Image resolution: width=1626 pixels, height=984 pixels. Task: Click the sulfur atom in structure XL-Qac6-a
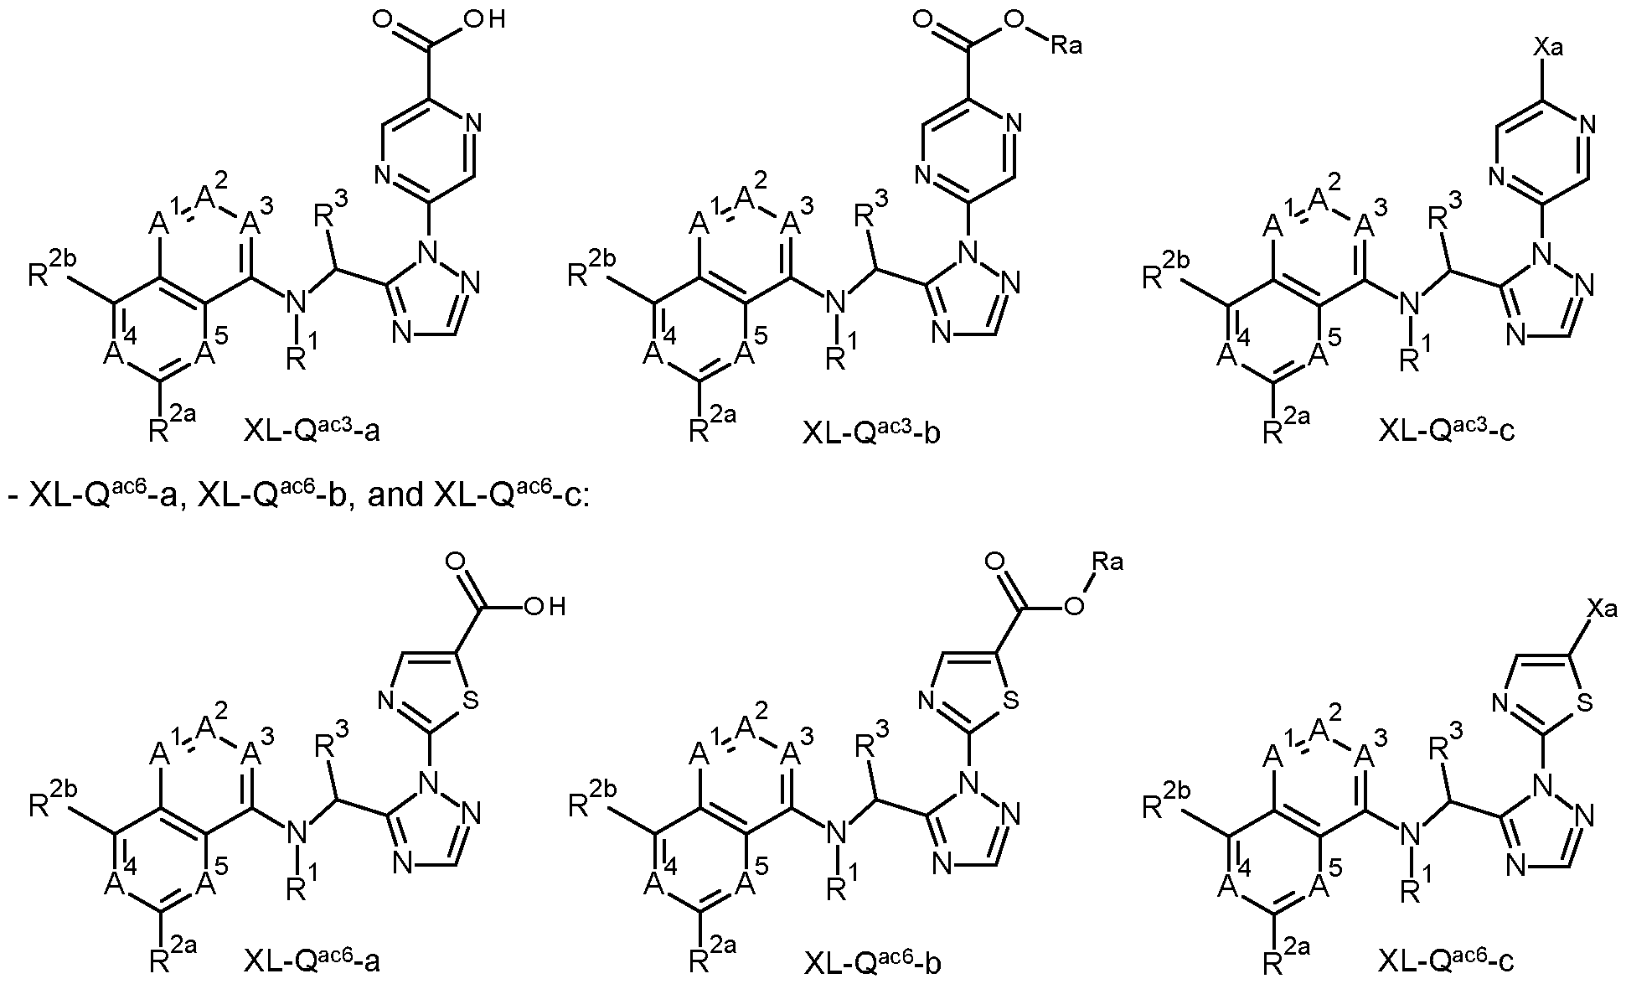click(x=471, y=699)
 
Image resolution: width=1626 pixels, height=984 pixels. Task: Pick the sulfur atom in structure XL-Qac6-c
click(x=1582, y=699)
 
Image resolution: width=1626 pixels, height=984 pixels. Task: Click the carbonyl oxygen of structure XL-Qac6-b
click(x=996, y=562)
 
